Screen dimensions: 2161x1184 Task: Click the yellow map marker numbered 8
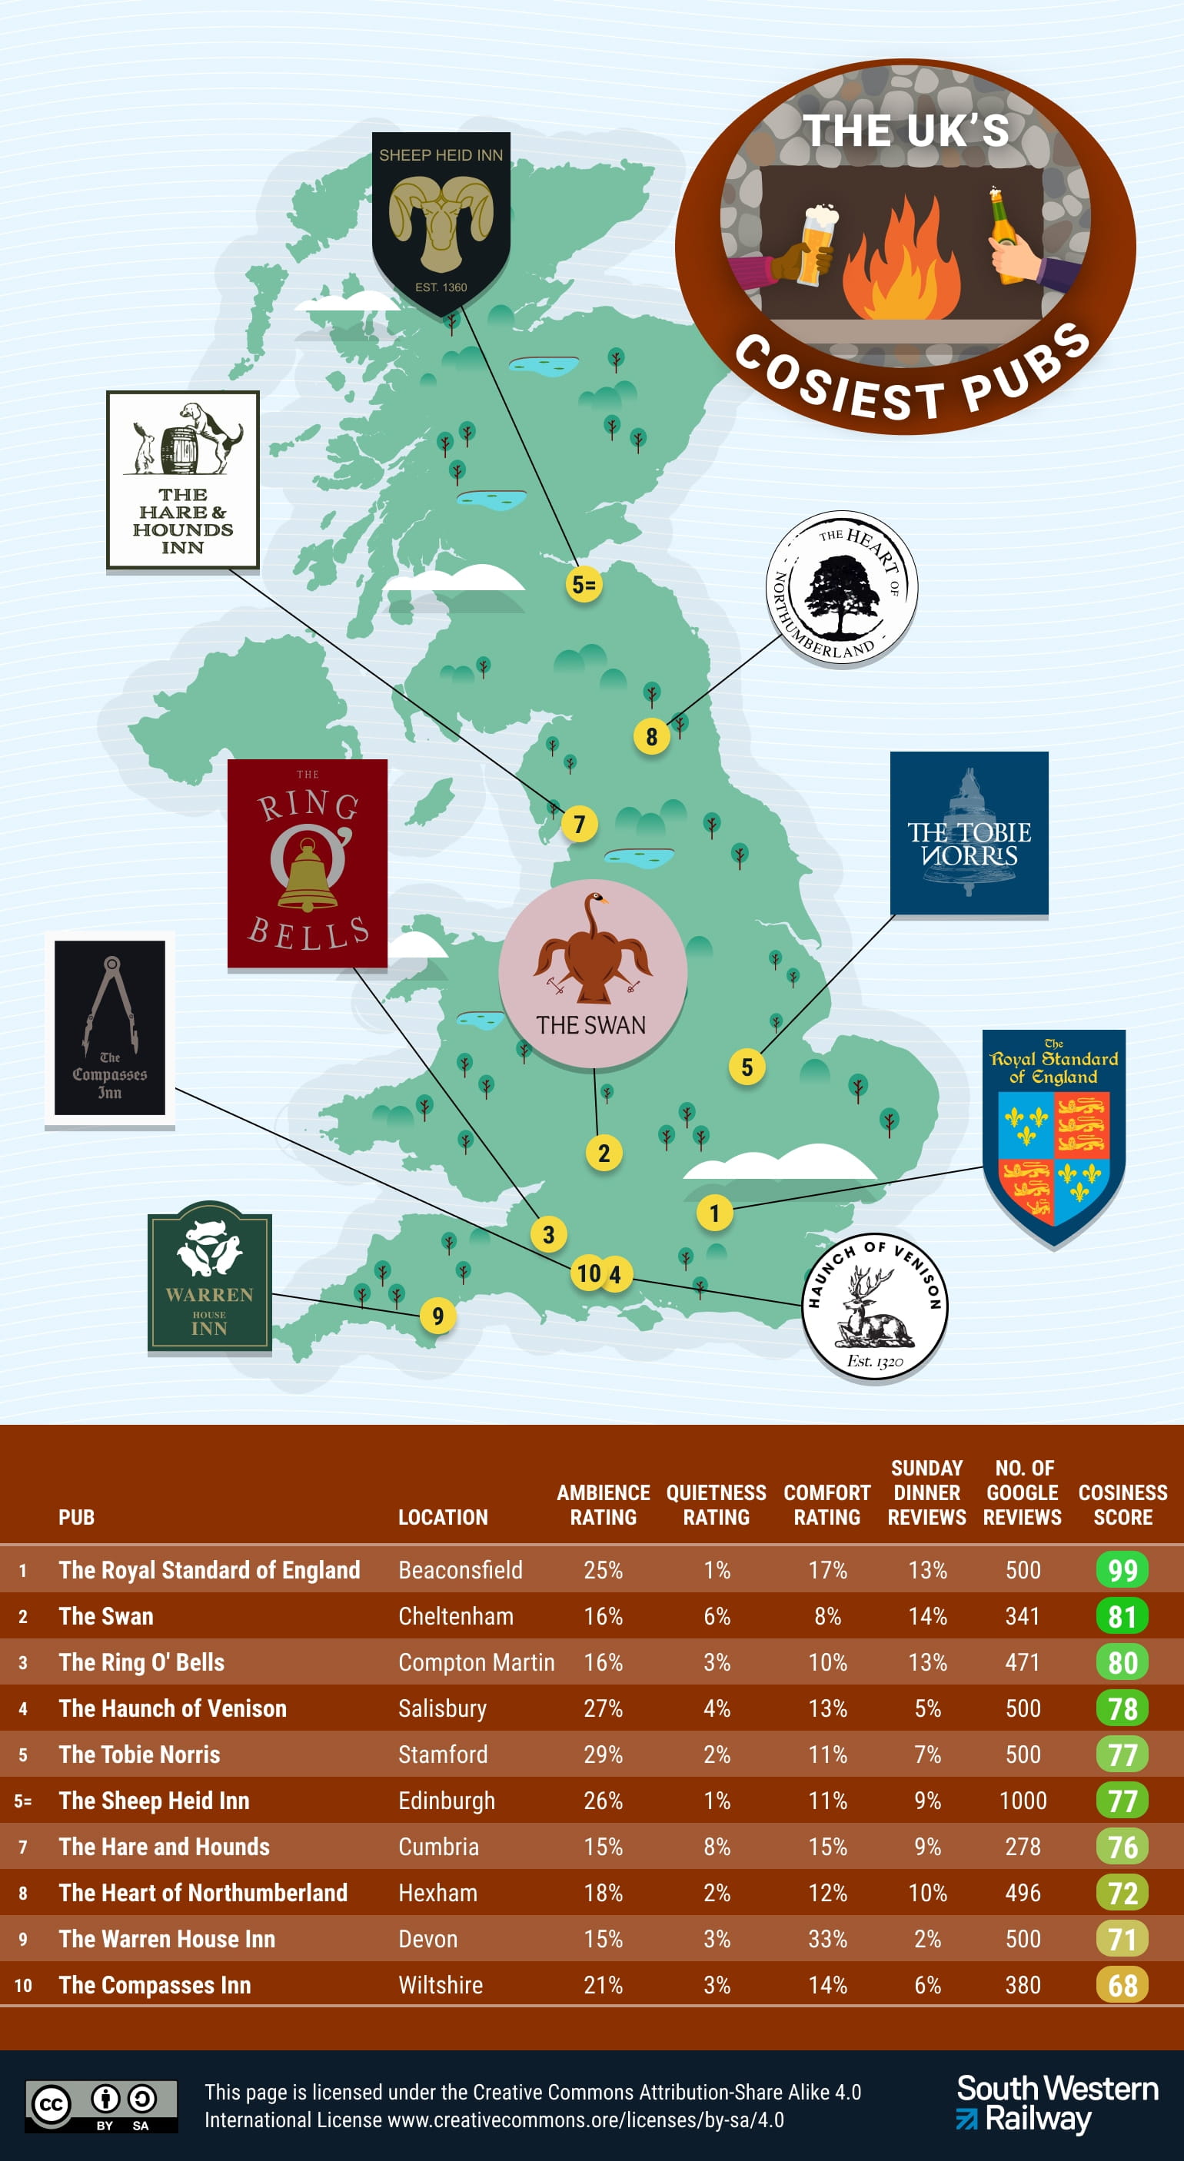(651, 736)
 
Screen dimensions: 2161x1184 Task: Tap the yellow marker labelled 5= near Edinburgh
(584, 584)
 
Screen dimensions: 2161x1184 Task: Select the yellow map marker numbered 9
(437, 1316)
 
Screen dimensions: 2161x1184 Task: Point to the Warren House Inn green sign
(210, 1276)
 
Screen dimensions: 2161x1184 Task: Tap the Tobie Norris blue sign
(969, 833)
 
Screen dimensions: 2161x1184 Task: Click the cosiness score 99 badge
(1122, 1569)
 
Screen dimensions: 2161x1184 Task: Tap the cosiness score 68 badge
(1122, 1985)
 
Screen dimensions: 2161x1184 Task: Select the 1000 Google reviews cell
(1022, 1801)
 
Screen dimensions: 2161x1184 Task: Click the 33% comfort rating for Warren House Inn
(826, 1939)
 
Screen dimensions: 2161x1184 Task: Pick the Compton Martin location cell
(476, 1661)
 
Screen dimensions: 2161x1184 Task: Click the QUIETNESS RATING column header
(716, 1505)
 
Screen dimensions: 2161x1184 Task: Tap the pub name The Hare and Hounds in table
(165, 1847)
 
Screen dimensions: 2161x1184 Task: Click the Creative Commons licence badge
(101, 2106)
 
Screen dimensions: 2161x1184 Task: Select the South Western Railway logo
(1056, 2104)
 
